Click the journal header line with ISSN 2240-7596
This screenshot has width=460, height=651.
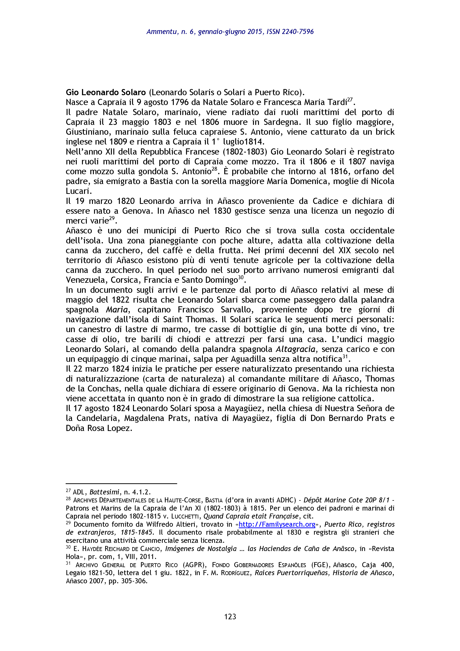[x=230, y=32]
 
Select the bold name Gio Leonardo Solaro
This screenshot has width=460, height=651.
[x=106, y=92]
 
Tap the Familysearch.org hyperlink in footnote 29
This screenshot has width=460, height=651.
[x=277, y=524]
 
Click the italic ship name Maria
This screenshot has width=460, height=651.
[x=116, y=310]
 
